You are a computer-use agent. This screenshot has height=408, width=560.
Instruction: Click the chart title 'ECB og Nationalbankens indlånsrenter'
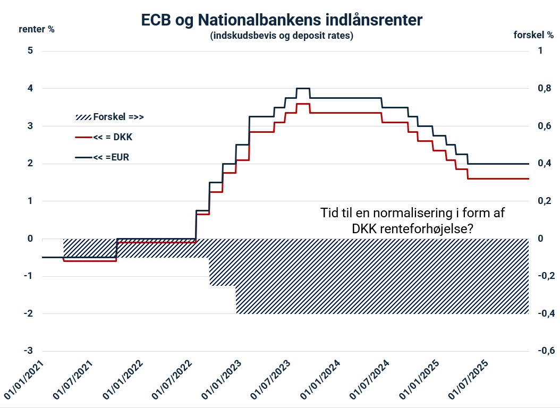click(x=282, y=20)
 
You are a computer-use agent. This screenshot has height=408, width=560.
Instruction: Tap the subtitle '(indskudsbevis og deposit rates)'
click(x=282, y=36)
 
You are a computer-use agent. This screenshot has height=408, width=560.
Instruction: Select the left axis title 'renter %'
click(x=37, y=29)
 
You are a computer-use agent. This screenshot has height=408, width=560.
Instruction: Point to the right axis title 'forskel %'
click(x=533, y=35)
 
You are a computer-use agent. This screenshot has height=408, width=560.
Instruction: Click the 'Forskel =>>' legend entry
click(x=109, y=117)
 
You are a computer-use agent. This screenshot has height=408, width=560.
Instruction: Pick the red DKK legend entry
click(x=104, y=137)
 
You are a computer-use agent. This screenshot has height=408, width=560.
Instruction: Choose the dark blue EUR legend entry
click(x=102, y=157)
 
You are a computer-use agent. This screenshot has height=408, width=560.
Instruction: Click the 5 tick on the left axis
click(x=30, y=50)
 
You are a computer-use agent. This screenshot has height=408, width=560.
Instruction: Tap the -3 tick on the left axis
click(x=28, y=351)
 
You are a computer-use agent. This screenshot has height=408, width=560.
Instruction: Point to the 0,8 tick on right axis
click(x=545, y=88)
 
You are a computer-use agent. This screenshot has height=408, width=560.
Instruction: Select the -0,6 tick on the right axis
click(x=546, y=351)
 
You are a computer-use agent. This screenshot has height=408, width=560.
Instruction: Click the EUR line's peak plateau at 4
click(x=303, y=88)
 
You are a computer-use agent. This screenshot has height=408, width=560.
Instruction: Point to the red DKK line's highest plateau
click(x=303, y=104)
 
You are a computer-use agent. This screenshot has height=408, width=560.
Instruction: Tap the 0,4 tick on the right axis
click(x=545, y=164)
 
